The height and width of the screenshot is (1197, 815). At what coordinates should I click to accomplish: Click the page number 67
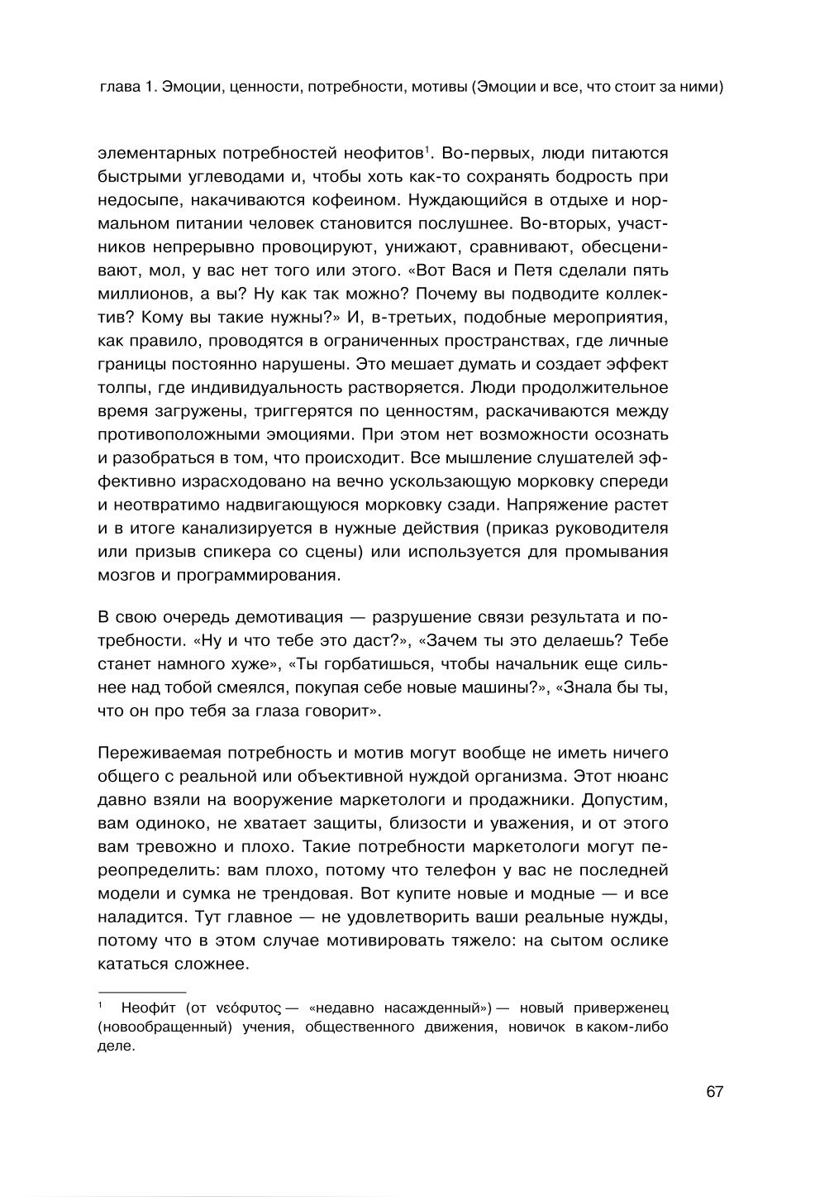[715, 1091]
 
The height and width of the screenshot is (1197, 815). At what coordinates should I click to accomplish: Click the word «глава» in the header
[117, 86]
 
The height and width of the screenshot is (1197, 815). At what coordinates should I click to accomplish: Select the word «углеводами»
[222, 176]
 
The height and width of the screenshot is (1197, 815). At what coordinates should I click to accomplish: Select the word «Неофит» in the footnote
[148, 1008]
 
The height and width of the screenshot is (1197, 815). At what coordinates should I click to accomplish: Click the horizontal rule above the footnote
[142, 990]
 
